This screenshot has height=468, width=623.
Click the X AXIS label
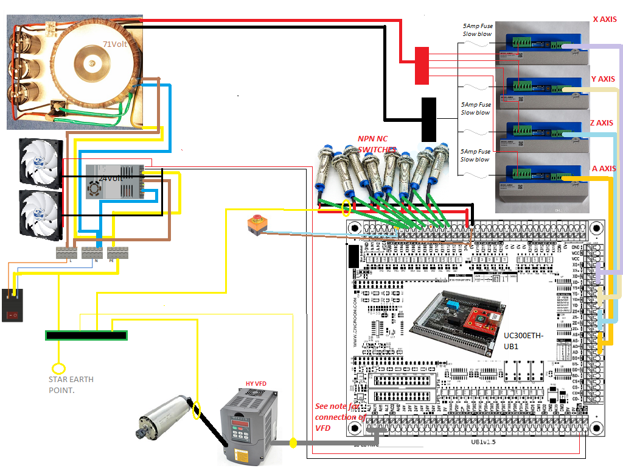coord(604,19)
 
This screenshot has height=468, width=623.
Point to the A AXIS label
coord(604,169)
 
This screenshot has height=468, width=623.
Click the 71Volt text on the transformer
coord(115,44)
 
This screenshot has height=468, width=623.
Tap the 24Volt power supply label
coord(111,179)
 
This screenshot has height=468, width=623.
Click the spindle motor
coord(162,417)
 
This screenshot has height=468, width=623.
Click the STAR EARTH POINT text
coord(71,384)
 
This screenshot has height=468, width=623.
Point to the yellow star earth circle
coord(58,368)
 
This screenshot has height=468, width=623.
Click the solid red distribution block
coord(422,65)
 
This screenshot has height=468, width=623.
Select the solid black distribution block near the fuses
coord(429,118)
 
